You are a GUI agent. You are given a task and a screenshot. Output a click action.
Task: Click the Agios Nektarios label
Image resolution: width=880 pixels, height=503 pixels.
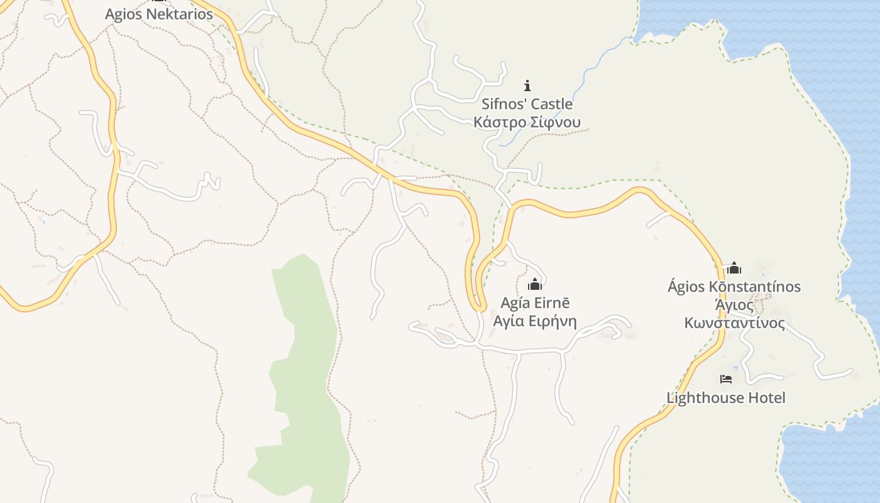tap(159, 14)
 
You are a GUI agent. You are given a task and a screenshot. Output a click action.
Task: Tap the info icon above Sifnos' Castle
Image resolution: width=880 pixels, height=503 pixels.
tap(527, 85)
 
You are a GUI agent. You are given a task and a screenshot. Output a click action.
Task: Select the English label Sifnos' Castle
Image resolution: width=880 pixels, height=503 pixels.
tap(527, 104)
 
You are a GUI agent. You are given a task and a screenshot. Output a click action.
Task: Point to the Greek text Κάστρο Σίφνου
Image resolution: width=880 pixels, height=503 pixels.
tap(527, 122)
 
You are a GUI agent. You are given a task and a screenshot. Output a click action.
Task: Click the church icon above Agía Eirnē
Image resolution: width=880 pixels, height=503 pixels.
tap(535, 284)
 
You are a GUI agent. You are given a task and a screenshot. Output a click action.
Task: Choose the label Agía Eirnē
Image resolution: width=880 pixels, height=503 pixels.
tap(535, 302)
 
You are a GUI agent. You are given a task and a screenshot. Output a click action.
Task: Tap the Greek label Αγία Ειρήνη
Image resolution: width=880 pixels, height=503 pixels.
tap(535, 321)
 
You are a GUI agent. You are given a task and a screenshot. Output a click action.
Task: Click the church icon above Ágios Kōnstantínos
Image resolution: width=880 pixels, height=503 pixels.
tap(734, 268)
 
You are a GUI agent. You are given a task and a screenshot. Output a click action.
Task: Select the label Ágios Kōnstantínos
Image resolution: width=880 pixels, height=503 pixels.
tap(734, 287)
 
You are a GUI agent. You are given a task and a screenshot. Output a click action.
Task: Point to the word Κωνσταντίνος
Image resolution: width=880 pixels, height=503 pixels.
tap(734, 323)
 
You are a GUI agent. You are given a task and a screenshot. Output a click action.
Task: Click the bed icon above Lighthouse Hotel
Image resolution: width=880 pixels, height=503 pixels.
tap(726, 379)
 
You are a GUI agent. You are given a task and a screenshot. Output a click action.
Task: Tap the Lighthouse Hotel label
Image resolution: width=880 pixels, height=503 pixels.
tap(726, 397)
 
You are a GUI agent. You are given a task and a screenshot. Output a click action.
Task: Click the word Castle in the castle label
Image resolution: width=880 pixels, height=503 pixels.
tap(552, 104)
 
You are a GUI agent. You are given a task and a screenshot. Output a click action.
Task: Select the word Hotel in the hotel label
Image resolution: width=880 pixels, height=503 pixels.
tap(765, 397)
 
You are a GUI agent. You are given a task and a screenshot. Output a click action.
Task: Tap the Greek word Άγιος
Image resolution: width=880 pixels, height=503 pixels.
tap(734, 305)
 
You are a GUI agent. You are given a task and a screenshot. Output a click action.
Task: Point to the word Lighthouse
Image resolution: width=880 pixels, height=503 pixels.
tap(703, 397)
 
